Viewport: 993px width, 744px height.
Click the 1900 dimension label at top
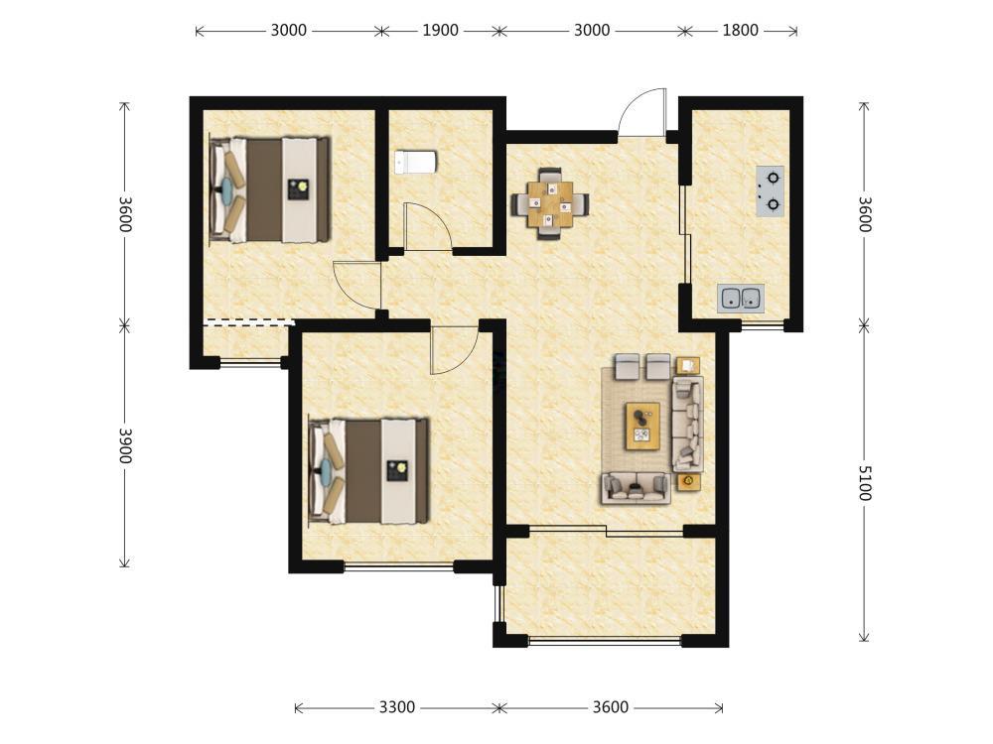pos(440,30)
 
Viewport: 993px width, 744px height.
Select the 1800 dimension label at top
pos(741,30)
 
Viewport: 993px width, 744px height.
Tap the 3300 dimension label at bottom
pos(397,706)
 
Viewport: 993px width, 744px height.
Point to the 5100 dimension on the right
pos(865,483)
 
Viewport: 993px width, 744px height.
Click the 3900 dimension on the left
pos(125,445)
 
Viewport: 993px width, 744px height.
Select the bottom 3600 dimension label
pos(611,706)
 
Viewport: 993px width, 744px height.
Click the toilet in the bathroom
pos(415,162)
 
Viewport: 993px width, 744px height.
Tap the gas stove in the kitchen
pos(771,191)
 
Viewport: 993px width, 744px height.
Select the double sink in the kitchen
pos(741,298)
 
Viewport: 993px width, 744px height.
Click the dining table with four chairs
pos(550,203)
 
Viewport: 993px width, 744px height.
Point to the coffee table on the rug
pos(642,426)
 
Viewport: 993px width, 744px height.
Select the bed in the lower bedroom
pos(369,471)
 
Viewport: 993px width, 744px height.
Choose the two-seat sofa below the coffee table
pos(636,488)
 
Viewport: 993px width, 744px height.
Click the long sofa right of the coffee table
pos(688,424)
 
